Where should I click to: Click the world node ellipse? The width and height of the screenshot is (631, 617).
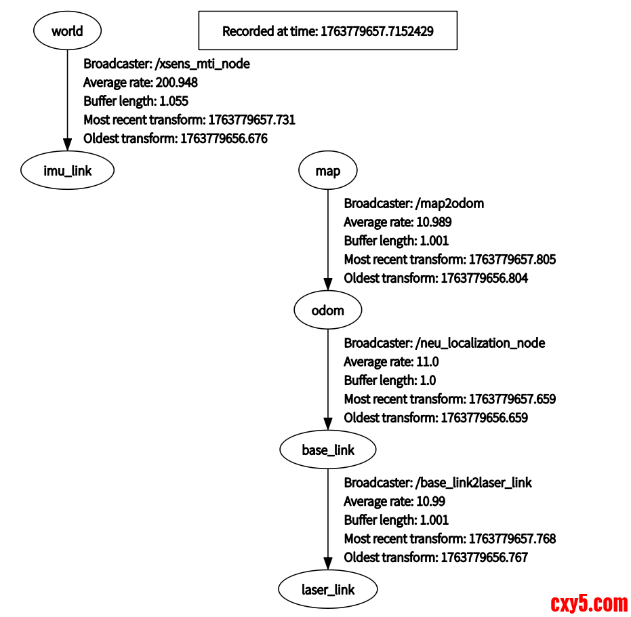click(67, 31)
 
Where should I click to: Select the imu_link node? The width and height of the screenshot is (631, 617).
click(67, 170)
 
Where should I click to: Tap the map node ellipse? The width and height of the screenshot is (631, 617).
click(328, 170)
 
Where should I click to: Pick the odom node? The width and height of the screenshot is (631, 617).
click(328, 311)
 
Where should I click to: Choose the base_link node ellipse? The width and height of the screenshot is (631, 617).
click(328, 450)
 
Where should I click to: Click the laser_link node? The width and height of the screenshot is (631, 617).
click(328, 589)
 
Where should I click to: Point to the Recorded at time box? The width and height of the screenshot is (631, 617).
click(328, 31)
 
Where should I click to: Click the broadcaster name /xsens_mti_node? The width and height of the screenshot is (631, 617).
click(202, 64)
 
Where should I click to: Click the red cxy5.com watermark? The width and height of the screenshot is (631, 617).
click(589, 602)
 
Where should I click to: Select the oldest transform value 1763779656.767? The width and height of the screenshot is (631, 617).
click(484, 557)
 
